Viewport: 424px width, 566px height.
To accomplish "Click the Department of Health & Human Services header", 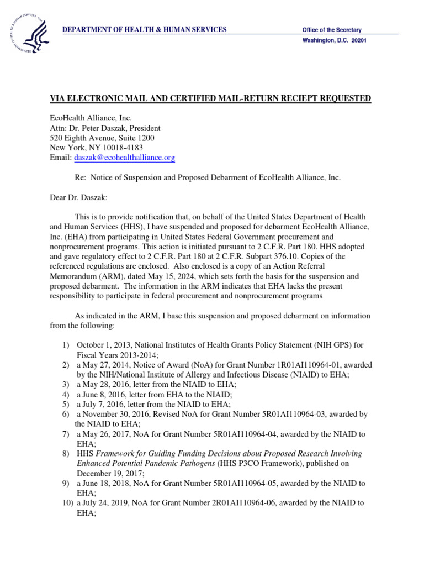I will [x=144, y=29].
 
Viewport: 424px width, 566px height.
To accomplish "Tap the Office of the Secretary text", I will [x=332, y=30].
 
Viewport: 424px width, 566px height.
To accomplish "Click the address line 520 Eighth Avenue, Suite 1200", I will [x=102, y=138].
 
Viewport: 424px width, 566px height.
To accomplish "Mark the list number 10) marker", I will [x=67, y=504].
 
